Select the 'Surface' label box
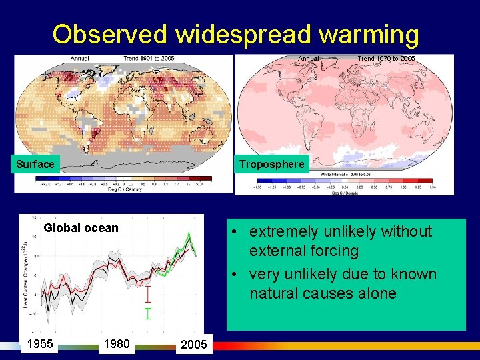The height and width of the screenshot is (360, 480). point(35,164)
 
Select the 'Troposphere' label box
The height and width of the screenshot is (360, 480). point(271,164)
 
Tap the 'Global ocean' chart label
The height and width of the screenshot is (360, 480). point(81,228)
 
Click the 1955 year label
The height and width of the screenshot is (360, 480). point(39,344)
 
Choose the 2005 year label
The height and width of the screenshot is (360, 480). point(194,345)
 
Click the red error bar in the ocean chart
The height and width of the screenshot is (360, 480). point(148,295)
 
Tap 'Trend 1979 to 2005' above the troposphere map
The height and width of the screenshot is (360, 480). point(386,59)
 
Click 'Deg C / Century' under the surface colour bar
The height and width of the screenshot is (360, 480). point(125,189)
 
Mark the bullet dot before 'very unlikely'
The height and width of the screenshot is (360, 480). point(237,275)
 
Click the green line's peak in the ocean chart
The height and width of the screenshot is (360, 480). point(189,234)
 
